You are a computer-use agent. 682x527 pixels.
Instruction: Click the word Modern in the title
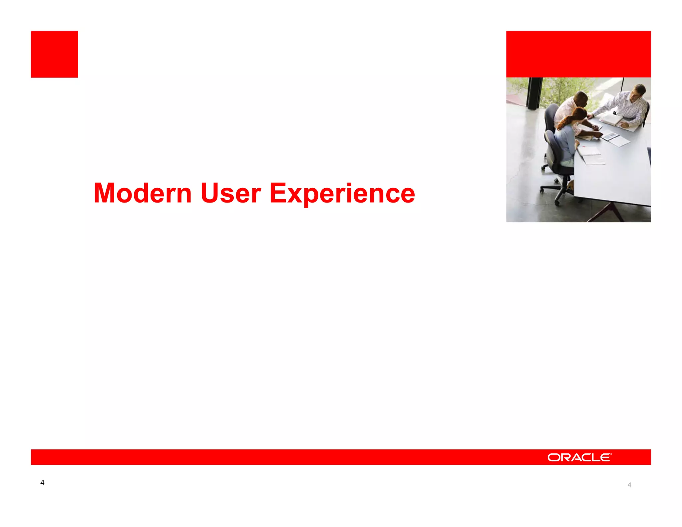143,193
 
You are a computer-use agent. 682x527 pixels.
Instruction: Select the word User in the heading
230,193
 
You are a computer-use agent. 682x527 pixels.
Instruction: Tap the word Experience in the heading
342,194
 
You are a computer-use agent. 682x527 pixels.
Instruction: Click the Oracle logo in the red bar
579,457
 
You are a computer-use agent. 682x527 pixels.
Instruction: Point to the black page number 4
42,482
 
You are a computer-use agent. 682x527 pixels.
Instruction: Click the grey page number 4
629,485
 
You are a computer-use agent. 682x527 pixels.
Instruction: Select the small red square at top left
54,54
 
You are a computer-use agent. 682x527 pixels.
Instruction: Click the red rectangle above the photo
578,54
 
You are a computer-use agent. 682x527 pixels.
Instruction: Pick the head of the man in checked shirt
639,91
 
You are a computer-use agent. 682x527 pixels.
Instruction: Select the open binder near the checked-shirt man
612,119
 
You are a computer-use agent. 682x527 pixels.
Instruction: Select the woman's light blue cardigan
566,143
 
